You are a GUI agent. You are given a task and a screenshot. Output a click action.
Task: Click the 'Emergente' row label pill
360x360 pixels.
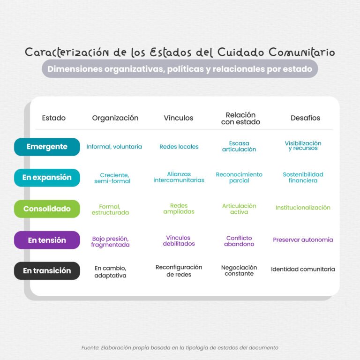tap(47, 147)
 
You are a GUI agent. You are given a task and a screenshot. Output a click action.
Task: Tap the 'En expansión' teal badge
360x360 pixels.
tap(47, 178)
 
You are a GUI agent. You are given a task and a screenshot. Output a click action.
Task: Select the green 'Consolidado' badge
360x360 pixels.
tap(47, 209)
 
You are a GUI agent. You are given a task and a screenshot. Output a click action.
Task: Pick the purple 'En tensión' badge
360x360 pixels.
tap(47, 240)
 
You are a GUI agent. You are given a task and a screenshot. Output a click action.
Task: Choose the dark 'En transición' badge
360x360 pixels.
tap(47, 270)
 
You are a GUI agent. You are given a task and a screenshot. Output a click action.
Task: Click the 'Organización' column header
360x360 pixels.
tap(115, 118)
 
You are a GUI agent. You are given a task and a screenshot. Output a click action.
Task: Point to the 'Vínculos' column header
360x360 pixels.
tap(179, 118)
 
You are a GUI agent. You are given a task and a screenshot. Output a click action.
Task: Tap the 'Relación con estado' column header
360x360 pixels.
tap(240, 118)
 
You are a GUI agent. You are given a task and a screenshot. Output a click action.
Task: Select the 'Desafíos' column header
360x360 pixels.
tap(305, 118)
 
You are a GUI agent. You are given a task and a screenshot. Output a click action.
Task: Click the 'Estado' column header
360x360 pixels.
tap(54, 118)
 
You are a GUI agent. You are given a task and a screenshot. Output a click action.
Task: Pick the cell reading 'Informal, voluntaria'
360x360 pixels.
tap(114, 146)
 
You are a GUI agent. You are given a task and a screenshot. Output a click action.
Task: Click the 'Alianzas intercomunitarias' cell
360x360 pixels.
tap(179, 177)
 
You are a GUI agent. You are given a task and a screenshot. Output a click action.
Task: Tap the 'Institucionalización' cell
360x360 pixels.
tap(303, 208)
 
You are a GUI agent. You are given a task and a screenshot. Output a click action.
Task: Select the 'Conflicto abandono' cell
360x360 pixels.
tap(239, 241)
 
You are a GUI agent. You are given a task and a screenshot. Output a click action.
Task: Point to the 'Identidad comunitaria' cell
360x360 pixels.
tap(303, 269)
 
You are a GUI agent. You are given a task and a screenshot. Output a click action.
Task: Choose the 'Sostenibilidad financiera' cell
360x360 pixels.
tap(303, 177)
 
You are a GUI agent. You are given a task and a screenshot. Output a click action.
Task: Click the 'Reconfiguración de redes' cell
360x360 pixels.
tap(179, 270)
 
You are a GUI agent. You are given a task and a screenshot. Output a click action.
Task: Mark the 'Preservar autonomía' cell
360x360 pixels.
tap(303, 240)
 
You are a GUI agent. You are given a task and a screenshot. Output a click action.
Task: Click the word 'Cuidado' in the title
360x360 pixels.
tap(240, 52)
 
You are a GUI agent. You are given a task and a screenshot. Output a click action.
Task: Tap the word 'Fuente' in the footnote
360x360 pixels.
tap(90, 348)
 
